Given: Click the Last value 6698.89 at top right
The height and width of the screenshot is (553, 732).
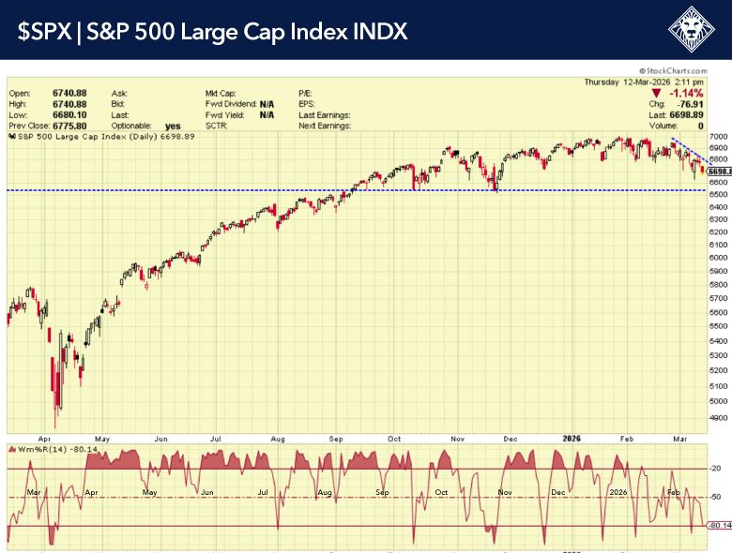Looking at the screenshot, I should tap(707, 114).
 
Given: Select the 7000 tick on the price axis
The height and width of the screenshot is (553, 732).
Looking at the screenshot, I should tap(719, 137).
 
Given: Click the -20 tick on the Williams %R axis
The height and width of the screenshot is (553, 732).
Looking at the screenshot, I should tap(716, 469).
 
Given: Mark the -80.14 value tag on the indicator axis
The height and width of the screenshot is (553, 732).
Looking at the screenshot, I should tap(720, 526).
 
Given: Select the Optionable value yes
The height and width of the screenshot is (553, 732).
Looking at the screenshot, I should tap(173, 125).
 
